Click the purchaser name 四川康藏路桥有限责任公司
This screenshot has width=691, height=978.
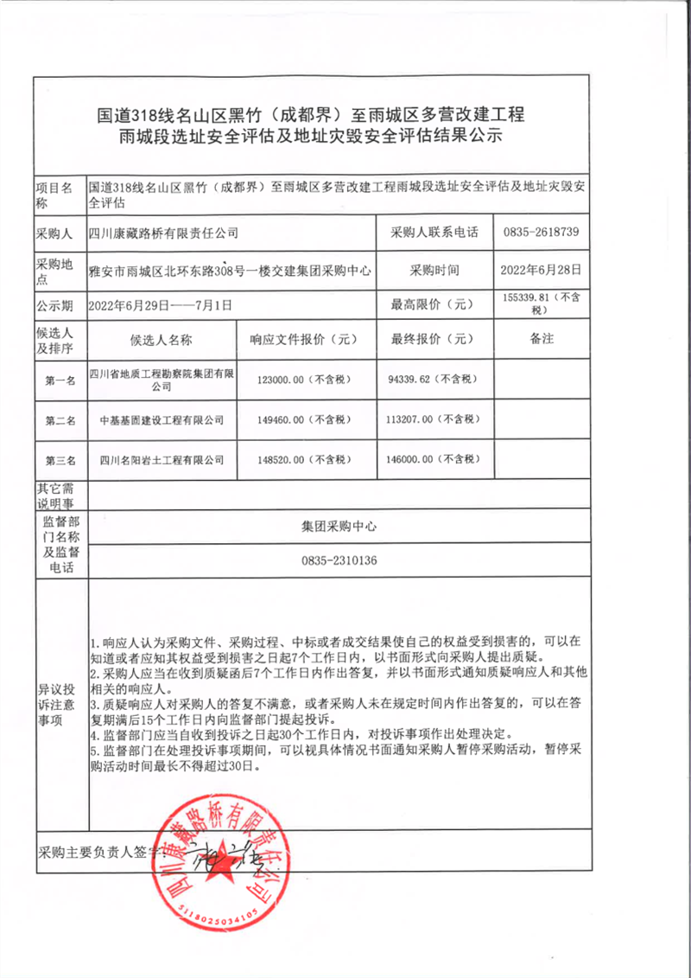pyautogui.click(x=164, y=233)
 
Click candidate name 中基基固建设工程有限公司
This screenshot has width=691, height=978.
pyautogui.click(x=162, y=420)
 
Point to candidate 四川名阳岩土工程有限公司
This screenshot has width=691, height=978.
pyautogui.click(x=162, y=459)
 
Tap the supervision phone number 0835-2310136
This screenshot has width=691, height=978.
pyautogui.click(x=339, y=560)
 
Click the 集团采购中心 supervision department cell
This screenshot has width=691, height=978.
pyautogui.click(x=339, y=526)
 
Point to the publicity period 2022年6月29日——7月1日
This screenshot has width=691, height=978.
pyautogui.click(x=161, y=304)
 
